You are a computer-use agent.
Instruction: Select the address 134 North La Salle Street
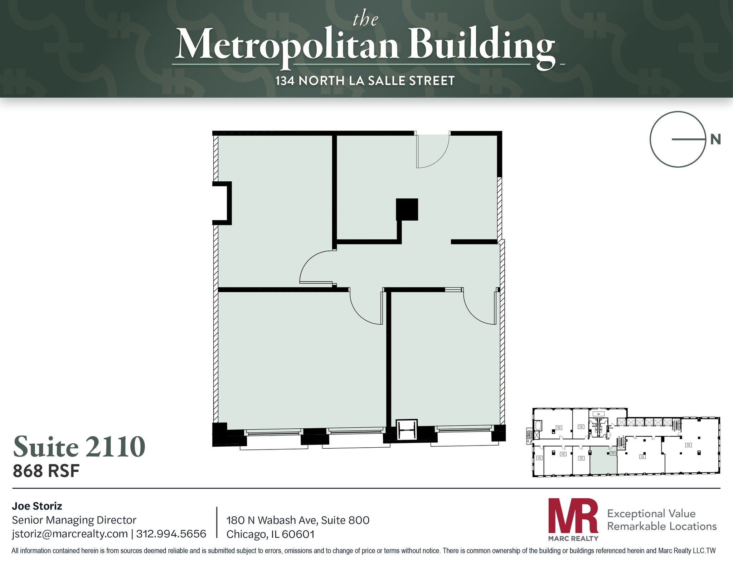point(365,81)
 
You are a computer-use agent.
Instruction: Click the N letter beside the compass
point(715,139)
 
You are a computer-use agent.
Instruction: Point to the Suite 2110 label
point(79,447)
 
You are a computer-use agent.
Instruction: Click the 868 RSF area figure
point(46,471)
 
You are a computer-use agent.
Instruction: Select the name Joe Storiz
point(37,506)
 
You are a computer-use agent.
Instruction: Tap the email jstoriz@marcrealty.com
point(70,534)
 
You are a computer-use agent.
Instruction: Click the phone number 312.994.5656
point(171,534)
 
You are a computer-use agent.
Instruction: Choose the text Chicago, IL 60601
point(270,534)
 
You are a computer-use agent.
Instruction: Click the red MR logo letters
point(573,515)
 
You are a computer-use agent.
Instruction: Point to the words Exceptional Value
point(651,513)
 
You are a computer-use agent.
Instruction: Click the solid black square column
point(407,209)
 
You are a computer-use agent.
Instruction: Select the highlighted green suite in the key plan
point(603,462)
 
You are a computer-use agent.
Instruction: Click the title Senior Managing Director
point(74,520)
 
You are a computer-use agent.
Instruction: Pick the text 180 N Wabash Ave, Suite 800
point(298,520)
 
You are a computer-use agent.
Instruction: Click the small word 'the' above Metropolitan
point(365,19)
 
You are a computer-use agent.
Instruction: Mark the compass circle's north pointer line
point(688,139)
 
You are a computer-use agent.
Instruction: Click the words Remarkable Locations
point(662,526)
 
